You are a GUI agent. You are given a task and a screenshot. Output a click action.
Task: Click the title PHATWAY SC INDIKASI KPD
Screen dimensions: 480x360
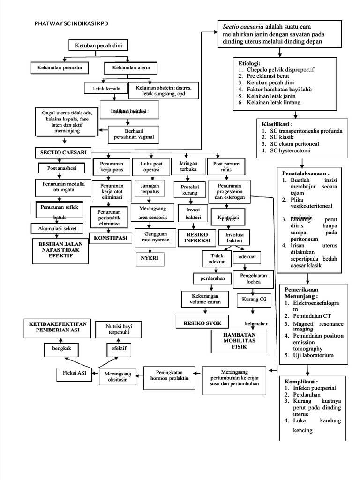75,23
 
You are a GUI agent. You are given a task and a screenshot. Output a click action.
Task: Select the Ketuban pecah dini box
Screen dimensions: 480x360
98,45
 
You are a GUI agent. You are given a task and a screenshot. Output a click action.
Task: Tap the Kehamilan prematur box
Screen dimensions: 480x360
60,68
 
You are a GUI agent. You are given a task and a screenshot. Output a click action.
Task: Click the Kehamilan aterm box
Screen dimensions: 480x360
131,68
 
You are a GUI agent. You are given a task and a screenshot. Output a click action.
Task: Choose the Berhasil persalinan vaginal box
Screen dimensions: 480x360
134,135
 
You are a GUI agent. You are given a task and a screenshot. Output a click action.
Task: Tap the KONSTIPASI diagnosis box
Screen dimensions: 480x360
111,238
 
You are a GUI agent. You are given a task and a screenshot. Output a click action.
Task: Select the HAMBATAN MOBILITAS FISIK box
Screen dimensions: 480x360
239,343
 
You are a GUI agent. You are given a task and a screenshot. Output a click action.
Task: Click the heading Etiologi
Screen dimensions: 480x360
249,63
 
